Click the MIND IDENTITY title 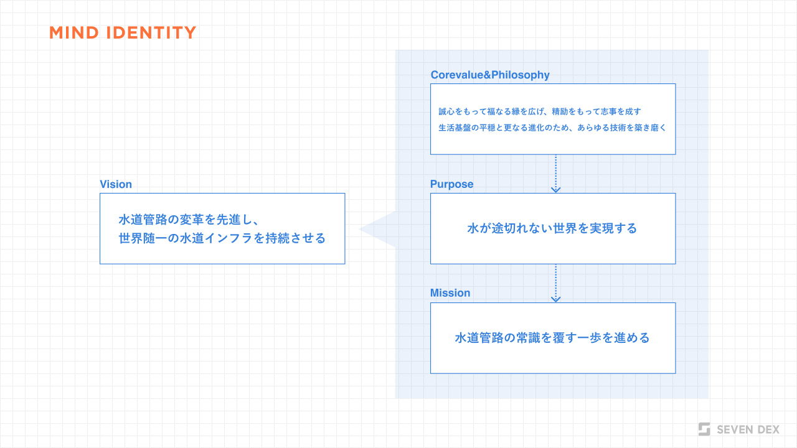click(123, 33)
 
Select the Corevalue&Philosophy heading click(490, 75)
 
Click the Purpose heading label click(451, 184)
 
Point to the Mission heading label click(450, 293)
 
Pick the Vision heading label click(116, 184)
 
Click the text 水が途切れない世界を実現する click(552, 228)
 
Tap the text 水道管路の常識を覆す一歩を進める click(552, 338)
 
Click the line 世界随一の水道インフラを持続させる click(222, 238)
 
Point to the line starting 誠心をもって click(540, 111)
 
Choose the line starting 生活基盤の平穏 click(552, 128)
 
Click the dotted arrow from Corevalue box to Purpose click(555, 174)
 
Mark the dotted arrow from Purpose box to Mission click(555, 283)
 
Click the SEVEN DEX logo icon click(704, 429)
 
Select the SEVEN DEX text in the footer click(748, 429)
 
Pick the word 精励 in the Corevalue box click(559, 111)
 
